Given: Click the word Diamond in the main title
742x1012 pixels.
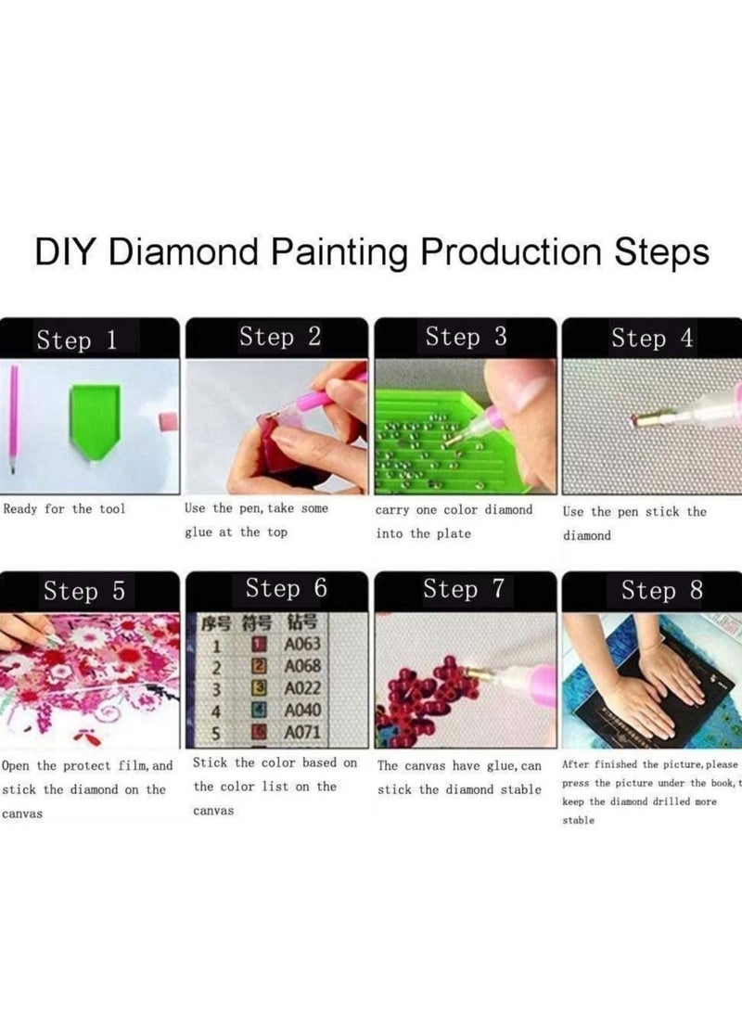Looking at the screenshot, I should point(188,252).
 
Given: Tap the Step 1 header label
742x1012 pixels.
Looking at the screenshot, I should point(77,340).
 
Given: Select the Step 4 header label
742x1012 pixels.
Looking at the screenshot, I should point(652,339).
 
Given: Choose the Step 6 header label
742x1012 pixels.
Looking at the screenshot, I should point(286,589).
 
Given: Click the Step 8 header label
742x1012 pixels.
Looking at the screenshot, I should point(661,591).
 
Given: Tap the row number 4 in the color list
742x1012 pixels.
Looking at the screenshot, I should point(216,711).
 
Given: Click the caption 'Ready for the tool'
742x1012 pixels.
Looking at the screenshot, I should point(64,508).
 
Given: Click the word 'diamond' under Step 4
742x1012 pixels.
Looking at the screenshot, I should point(587,536).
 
